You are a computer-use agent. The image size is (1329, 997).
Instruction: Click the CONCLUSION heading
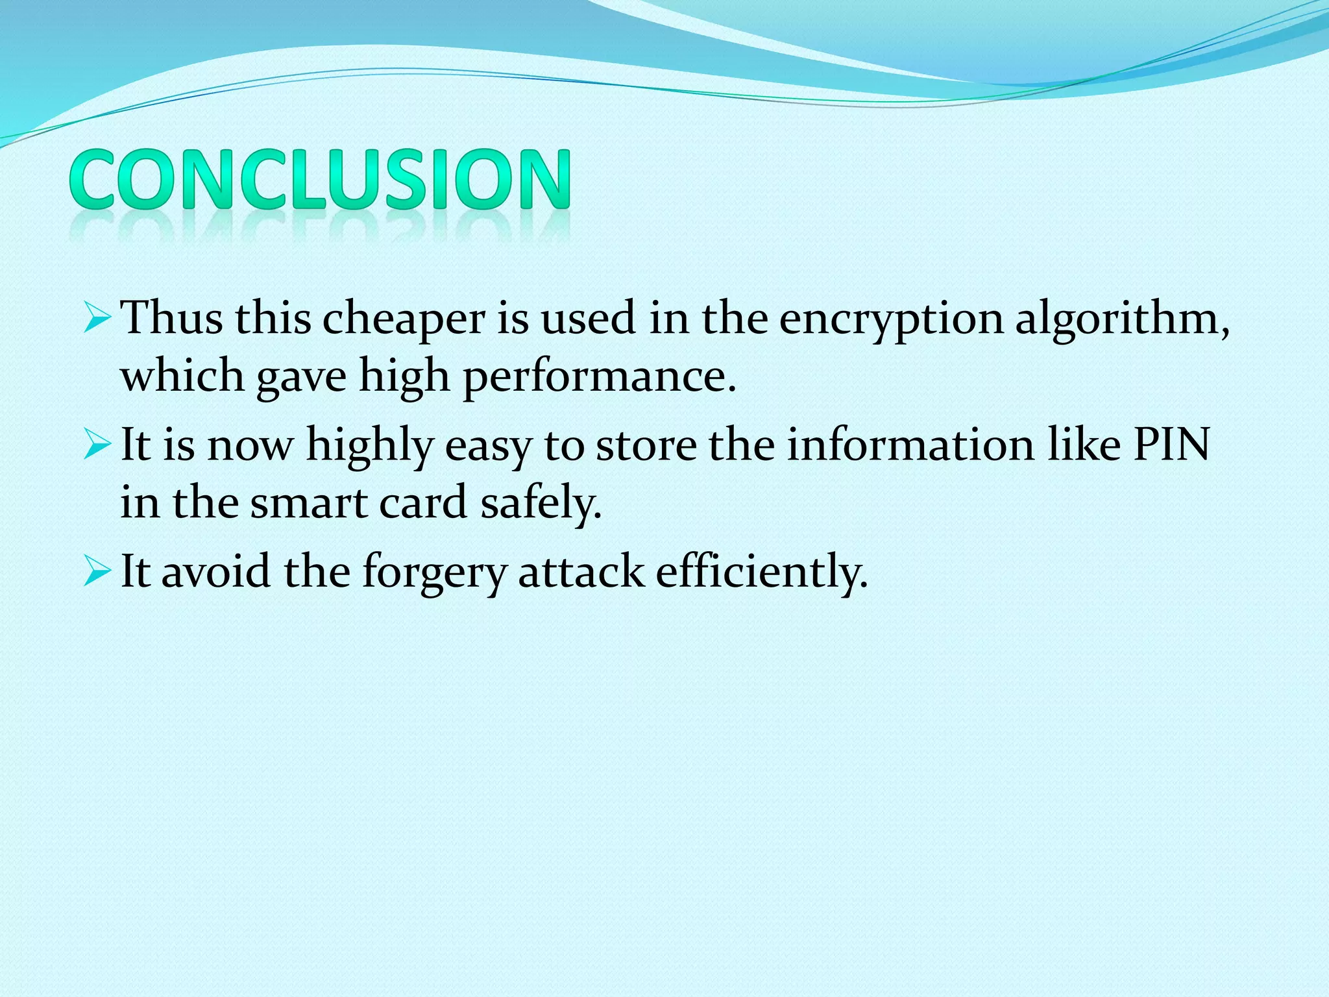pyautogui.click(x=320, y=179)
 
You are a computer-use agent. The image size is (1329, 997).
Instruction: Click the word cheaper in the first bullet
pyautogui.click(x=404, y=319)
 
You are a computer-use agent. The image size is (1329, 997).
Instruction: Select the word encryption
pyautogui.click(x=891, y=319)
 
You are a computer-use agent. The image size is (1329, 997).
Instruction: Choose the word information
pyautogui.click(x=910, y=445)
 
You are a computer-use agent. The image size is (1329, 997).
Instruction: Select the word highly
pyautogui.click(x=370, y=445)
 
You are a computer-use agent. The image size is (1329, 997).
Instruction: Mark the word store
pyautogui.click(x=646, y=445)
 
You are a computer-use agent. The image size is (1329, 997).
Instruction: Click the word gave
pyautogui.click(x=302, y=376)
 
